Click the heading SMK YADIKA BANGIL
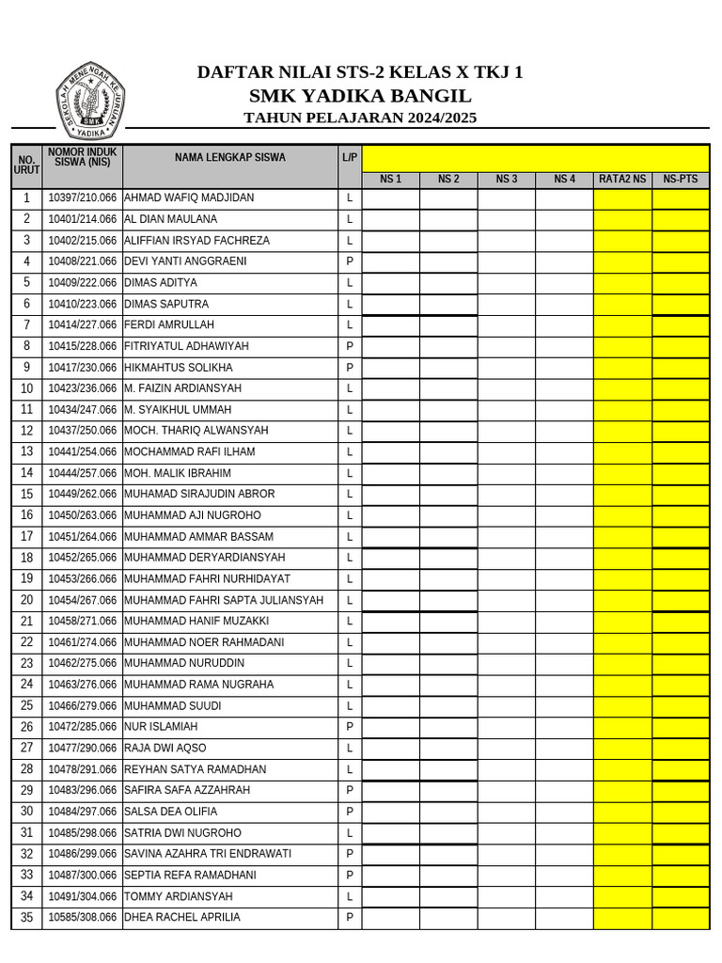360,96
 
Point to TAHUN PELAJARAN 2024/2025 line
360,118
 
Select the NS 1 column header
390,179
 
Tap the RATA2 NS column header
622,179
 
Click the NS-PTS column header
680,179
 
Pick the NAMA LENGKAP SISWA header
230,158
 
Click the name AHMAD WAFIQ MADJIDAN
189,198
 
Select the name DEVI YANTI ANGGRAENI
185,261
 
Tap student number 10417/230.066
83,368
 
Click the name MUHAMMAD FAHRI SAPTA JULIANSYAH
224,600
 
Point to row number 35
26,917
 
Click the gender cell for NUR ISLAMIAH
350,727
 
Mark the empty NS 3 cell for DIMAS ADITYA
507,282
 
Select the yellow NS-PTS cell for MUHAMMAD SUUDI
680,705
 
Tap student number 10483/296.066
83,790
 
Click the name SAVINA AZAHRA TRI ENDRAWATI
208,854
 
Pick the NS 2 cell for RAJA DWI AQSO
448,748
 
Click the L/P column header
350,158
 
